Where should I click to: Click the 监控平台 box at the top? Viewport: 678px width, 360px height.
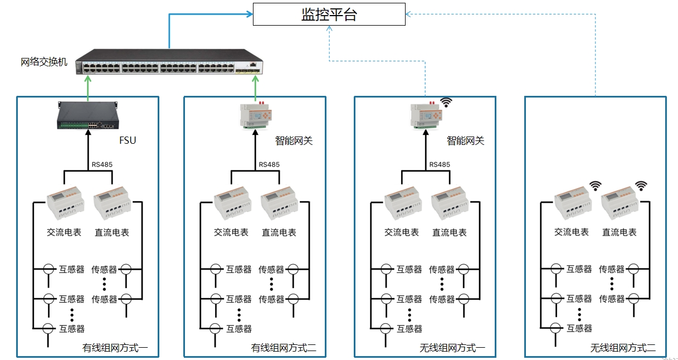tap(329, 14)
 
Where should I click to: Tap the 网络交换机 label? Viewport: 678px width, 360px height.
tap(44, 62)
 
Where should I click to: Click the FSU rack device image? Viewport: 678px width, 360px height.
tap(87, 115)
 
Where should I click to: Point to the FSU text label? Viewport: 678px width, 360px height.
tap(128, 140)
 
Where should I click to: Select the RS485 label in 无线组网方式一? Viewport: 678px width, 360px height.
tap(440, 164)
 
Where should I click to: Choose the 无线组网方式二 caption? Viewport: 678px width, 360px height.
tap(623, 348)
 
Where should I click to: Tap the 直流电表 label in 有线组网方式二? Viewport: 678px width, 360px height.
tap(279, 232)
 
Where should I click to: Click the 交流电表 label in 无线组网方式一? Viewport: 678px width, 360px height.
tap(402, 232)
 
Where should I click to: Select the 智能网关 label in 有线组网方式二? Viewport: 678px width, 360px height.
tap(294, 140)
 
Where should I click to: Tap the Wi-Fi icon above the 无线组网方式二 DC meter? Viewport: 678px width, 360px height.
tap(641, 185)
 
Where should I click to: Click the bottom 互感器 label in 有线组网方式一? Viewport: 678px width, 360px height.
tap(72, 329)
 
